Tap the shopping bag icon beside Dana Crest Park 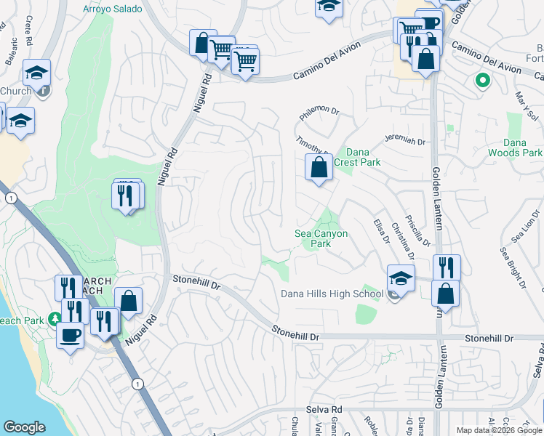[319, 168]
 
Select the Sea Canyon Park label [321, 238]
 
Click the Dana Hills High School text [332, 294]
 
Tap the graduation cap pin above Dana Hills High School [401, 278]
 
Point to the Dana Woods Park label [521, 148]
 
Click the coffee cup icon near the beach [70, 336]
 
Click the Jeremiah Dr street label [406, 142]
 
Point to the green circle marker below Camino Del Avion [481, 80]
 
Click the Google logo [24, 427]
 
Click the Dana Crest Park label [362, 157]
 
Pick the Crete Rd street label [30, 29]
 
